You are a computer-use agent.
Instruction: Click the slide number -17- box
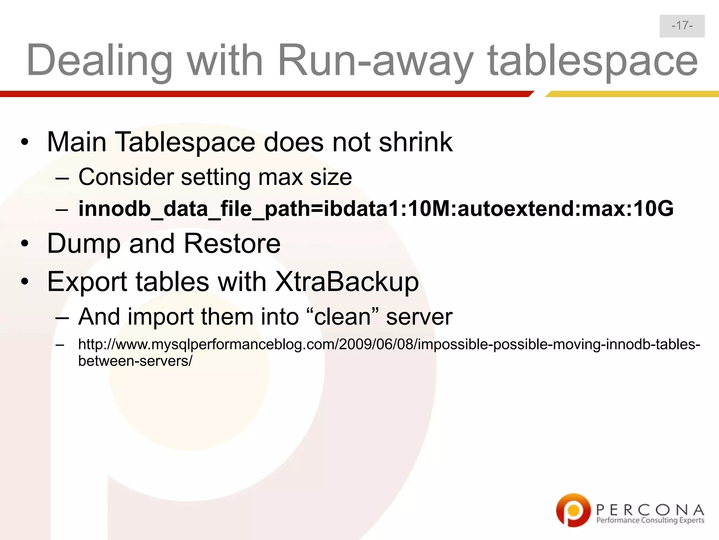tap(682, 26)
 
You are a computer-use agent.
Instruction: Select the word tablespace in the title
tap(593, 60)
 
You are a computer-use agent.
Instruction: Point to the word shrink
tap(416, 142)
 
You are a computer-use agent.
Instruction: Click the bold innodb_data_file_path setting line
tap(376, 208)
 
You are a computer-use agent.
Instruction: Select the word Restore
tap(232, 243)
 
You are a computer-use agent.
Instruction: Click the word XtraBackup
tap(347, 282)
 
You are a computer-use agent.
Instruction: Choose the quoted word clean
tap(343, 316)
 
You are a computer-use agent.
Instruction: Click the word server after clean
tap(419, 316)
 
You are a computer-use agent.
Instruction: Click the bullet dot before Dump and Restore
tap(24, 244)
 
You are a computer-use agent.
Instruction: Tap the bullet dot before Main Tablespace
tap(24, 142)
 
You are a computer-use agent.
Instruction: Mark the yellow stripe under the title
tap(632, 94)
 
